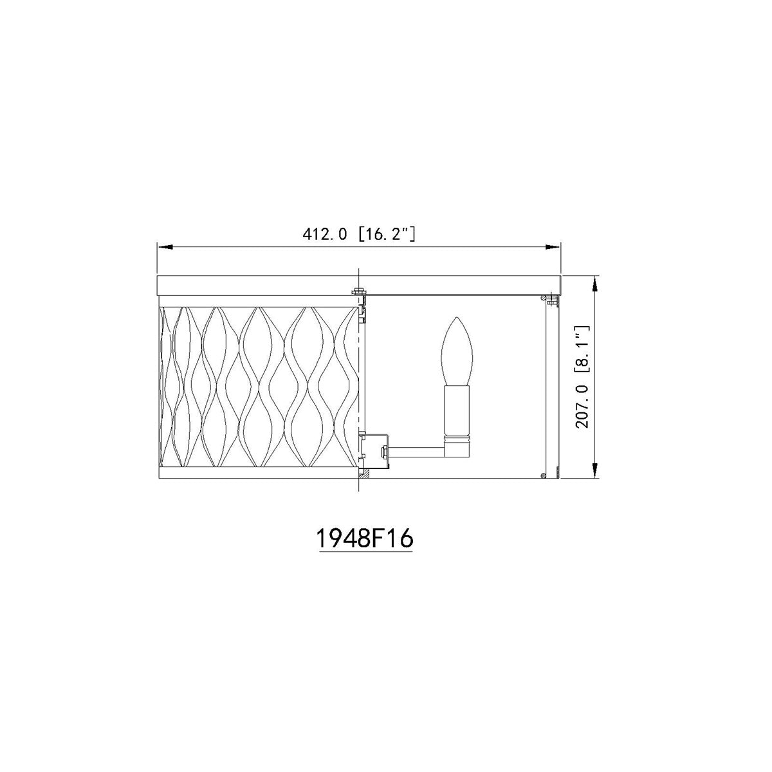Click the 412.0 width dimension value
coord(324,234)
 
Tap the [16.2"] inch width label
coord(387,234)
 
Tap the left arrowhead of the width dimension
coord(165,247)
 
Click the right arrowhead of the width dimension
coord(553,247)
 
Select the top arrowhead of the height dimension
coord(595,284)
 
